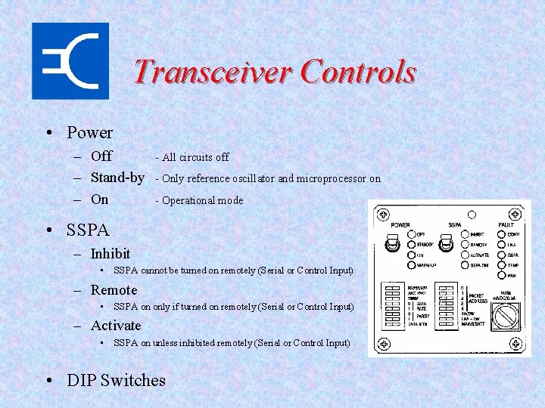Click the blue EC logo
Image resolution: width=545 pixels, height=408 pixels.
pos(70,60)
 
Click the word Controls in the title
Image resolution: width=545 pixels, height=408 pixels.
pos(357,72)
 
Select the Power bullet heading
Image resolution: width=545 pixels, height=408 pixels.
pos(89,133)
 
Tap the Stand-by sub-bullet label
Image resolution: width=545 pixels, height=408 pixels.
pos(117,178)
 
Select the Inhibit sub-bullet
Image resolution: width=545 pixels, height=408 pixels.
pos(111,254)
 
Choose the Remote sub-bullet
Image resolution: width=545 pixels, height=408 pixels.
pos(114,290)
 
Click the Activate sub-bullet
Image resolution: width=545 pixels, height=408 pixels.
pos(116,326)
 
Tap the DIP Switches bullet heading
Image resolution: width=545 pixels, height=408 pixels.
pos(116,380)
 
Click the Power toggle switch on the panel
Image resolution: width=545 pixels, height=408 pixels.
pos(392,245)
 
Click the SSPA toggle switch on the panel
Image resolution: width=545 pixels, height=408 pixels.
pos(446,245)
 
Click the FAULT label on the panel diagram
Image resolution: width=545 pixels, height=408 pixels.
pos(506,224)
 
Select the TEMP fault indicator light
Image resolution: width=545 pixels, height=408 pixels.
pos(500,265)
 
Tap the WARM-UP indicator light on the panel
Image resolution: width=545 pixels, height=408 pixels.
pos(411,265)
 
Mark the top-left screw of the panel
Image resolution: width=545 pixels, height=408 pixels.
pos(384,214)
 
